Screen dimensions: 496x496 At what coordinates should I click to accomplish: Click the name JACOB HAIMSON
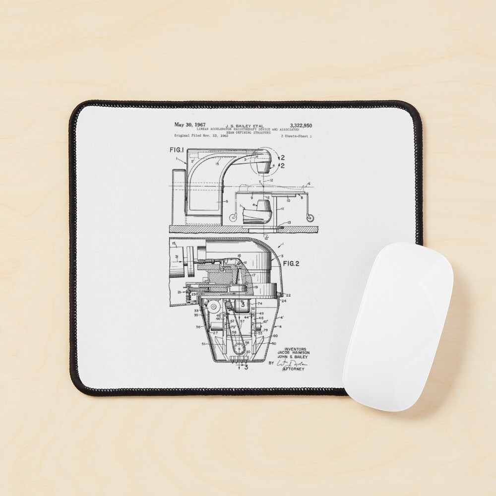click(293, 353)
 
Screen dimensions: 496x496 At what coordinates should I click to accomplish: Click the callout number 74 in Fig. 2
click(259, 303)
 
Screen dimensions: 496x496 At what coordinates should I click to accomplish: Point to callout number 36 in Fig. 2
click(198, 327)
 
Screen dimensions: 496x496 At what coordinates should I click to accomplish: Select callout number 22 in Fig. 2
click(288, 295)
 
